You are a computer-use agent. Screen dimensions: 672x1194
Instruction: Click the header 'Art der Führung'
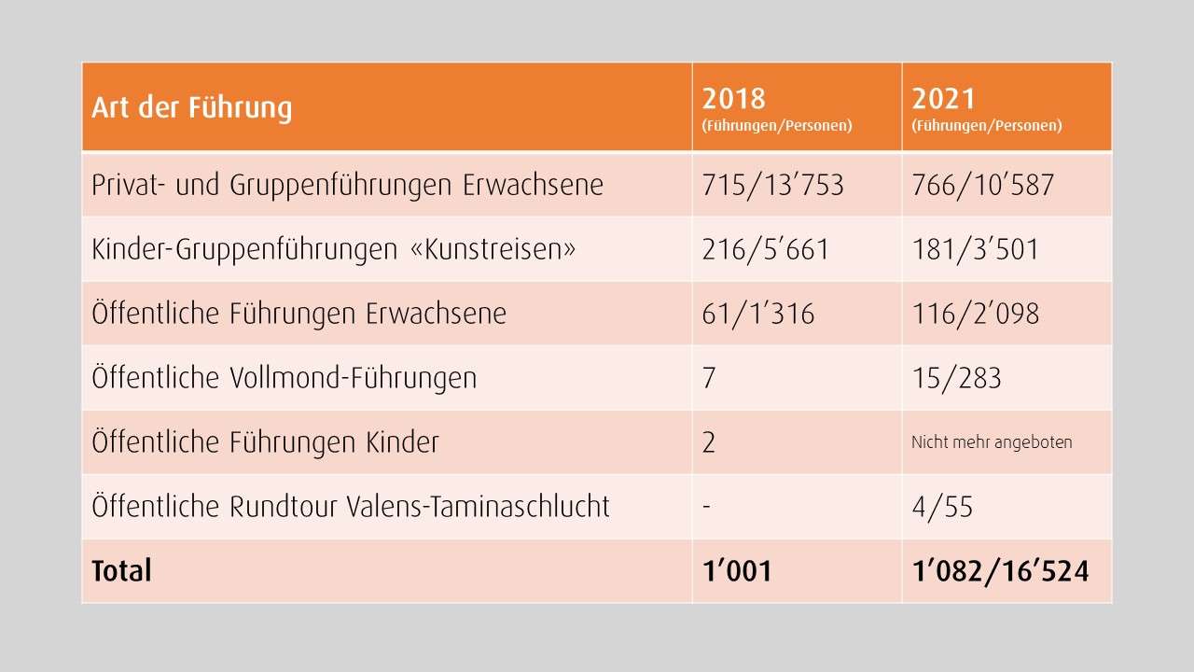192,107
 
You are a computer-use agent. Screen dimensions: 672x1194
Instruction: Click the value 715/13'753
772,185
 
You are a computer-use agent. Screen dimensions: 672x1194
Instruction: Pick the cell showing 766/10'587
982,185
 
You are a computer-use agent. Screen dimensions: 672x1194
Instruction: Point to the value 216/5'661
765,249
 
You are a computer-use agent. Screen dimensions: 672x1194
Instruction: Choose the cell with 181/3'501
975,249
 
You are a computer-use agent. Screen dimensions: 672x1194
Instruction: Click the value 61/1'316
757,314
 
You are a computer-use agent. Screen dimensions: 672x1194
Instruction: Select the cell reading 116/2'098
975,314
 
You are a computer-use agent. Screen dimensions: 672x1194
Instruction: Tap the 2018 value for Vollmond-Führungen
709,378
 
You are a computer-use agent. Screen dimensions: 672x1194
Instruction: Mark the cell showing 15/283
956,378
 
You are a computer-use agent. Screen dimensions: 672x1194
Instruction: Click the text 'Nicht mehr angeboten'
992,442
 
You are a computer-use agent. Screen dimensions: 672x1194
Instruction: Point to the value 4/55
942,507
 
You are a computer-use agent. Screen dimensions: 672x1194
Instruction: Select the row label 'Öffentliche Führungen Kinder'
265,442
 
